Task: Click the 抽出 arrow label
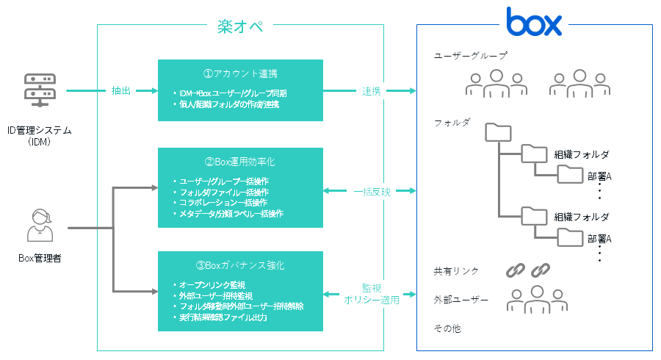(x=121, y=91)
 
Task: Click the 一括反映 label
(x=371, y=192)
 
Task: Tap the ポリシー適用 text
(x=371, y=300)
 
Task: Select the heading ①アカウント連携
(x=240, y=73)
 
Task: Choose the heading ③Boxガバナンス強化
(x=240, y=264)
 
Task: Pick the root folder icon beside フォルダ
(x=498, y=132)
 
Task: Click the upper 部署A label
(x=599, y=176)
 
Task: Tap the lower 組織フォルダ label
(x=581, y=217)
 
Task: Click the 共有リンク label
(x=456, y=271)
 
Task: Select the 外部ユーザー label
(x=460, y=300)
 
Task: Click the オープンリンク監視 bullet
(x=213, y=284)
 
